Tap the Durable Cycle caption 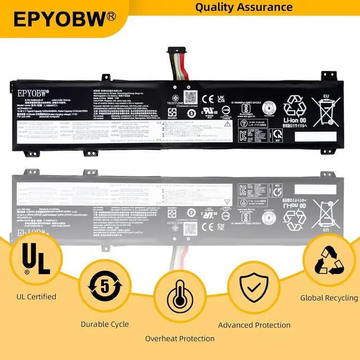105,324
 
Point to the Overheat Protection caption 179,339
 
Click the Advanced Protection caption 254,325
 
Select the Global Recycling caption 328,298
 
